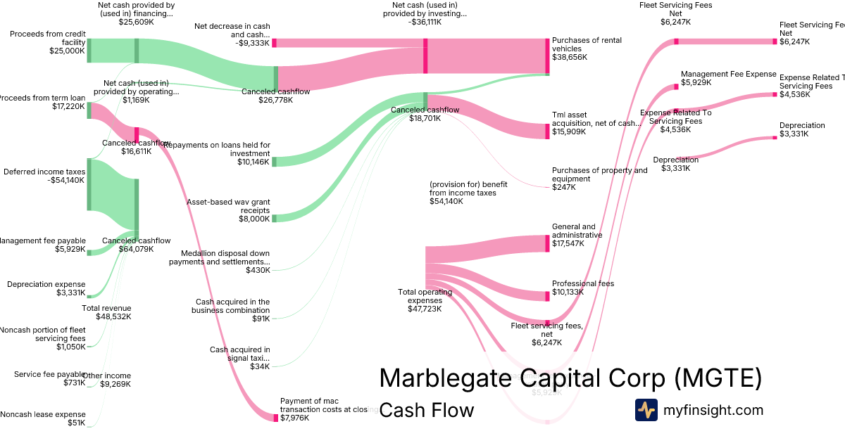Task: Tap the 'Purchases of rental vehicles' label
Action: (x=587, y=49)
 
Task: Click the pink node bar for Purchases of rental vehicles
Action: (x=547, y=56)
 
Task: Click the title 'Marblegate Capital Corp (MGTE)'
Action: (x=570, y=378)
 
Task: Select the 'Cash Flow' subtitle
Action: (x=426, y=410)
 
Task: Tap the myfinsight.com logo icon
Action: (x=646, y=410)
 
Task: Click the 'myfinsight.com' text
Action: (x=713, y=410)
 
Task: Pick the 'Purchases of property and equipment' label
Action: (x=599, y=179)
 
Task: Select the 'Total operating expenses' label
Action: (x=420, y=300)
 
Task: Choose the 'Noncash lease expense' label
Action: (x=43, y=418)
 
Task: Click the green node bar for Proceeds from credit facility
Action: (x=89, y=51)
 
